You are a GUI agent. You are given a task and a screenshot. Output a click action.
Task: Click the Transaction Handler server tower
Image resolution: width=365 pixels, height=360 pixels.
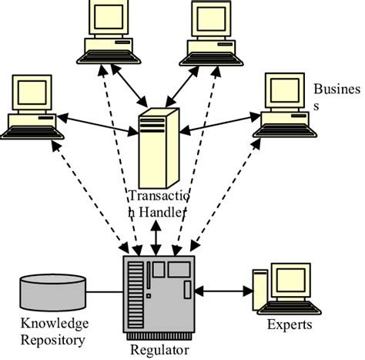(x=158, y=147)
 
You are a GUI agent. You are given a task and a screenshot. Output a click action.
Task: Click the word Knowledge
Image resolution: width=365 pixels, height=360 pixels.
(x=45, y=323)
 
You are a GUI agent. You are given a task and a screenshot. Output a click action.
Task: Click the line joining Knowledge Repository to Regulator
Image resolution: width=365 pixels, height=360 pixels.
(x=104, y=292)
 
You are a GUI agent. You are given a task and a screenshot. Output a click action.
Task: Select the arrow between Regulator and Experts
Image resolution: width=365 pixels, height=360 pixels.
(x=224, y=291)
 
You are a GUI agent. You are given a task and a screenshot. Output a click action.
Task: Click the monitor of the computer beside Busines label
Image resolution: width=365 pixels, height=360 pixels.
(x=284, y=92)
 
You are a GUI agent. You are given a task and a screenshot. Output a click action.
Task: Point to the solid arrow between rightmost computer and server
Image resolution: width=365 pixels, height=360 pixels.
(x=219, y=121)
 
